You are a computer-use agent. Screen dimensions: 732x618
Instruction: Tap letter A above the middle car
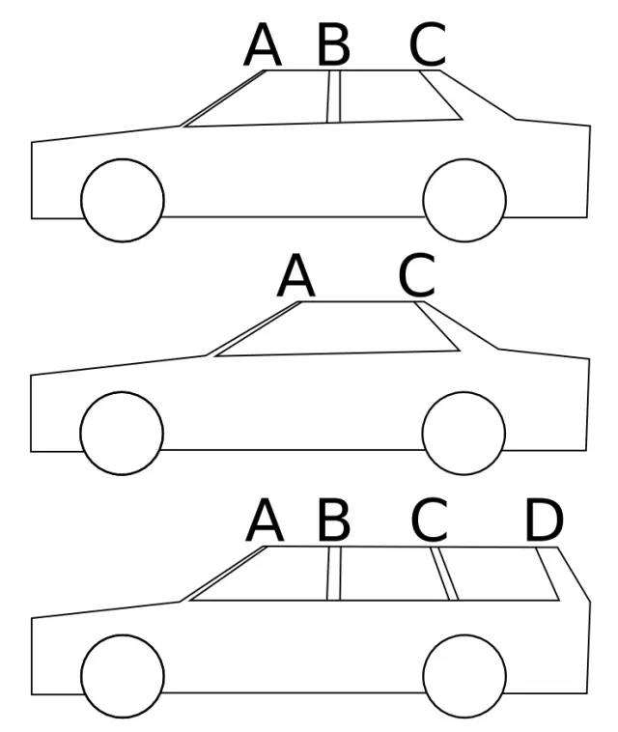296,276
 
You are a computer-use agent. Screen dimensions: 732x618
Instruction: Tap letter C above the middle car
417,276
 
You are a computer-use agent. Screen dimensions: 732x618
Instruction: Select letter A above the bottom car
265,521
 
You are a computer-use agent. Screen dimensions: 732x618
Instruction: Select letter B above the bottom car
333,521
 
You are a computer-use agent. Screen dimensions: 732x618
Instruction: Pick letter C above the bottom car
429,521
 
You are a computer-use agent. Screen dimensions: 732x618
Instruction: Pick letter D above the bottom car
545,521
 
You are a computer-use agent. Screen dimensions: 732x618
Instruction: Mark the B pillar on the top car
334,97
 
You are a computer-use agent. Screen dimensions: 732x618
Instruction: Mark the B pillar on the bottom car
334,574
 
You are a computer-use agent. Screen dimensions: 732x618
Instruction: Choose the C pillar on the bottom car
444,574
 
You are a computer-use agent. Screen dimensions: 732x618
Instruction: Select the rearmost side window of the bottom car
502,576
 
